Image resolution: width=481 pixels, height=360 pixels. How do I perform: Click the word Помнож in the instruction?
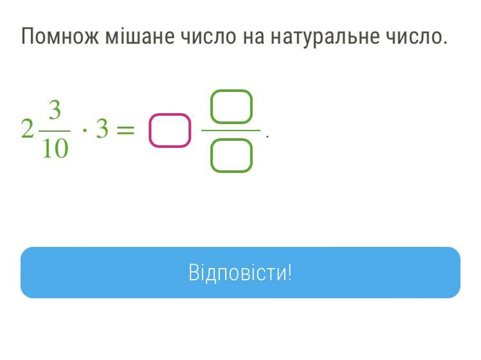pyautogui.click(x=60, y=36)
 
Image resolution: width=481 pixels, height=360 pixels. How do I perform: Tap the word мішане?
pyautogui.click(x=140, y=35)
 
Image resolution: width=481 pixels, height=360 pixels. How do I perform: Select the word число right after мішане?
pyautogui.click(x=208, y=36)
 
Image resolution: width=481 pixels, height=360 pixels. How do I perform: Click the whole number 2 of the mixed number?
pyautogui.click(x=27, y=129)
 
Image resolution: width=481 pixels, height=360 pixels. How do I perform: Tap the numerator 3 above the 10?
pyautogui.click(x=55, y=110)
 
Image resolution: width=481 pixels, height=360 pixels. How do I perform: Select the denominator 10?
pyautogui.click(x=55, y=148)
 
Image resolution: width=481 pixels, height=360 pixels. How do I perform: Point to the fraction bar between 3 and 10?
pyautogui.click(x=55, y=131)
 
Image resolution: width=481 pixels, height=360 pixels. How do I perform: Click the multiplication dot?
pyautogui.click(x=85, y=130)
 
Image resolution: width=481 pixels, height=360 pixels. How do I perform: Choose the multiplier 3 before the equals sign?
pyautogui.click(x=102, y=129)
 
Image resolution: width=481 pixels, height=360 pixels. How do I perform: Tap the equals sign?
pyautogui.click(x=126, y=130)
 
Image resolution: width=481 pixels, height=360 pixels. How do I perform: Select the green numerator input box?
pyautogui.click(x=231, y=91)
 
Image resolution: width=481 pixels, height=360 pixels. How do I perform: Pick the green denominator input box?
pyautogui.click(x=231, y=139)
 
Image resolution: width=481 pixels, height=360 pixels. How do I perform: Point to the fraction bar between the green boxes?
pyautogui.click(x=231, y=130)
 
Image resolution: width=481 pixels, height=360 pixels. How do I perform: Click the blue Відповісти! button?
pyautogui.click(x=240, y=273)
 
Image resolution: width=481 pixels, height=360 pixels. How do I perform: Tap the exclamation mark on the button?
pyautogui.click(x=289, y=272)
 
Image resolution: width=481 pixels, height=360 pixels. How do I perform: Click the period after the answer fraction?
pyautogui.click(x=268, y=137)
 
